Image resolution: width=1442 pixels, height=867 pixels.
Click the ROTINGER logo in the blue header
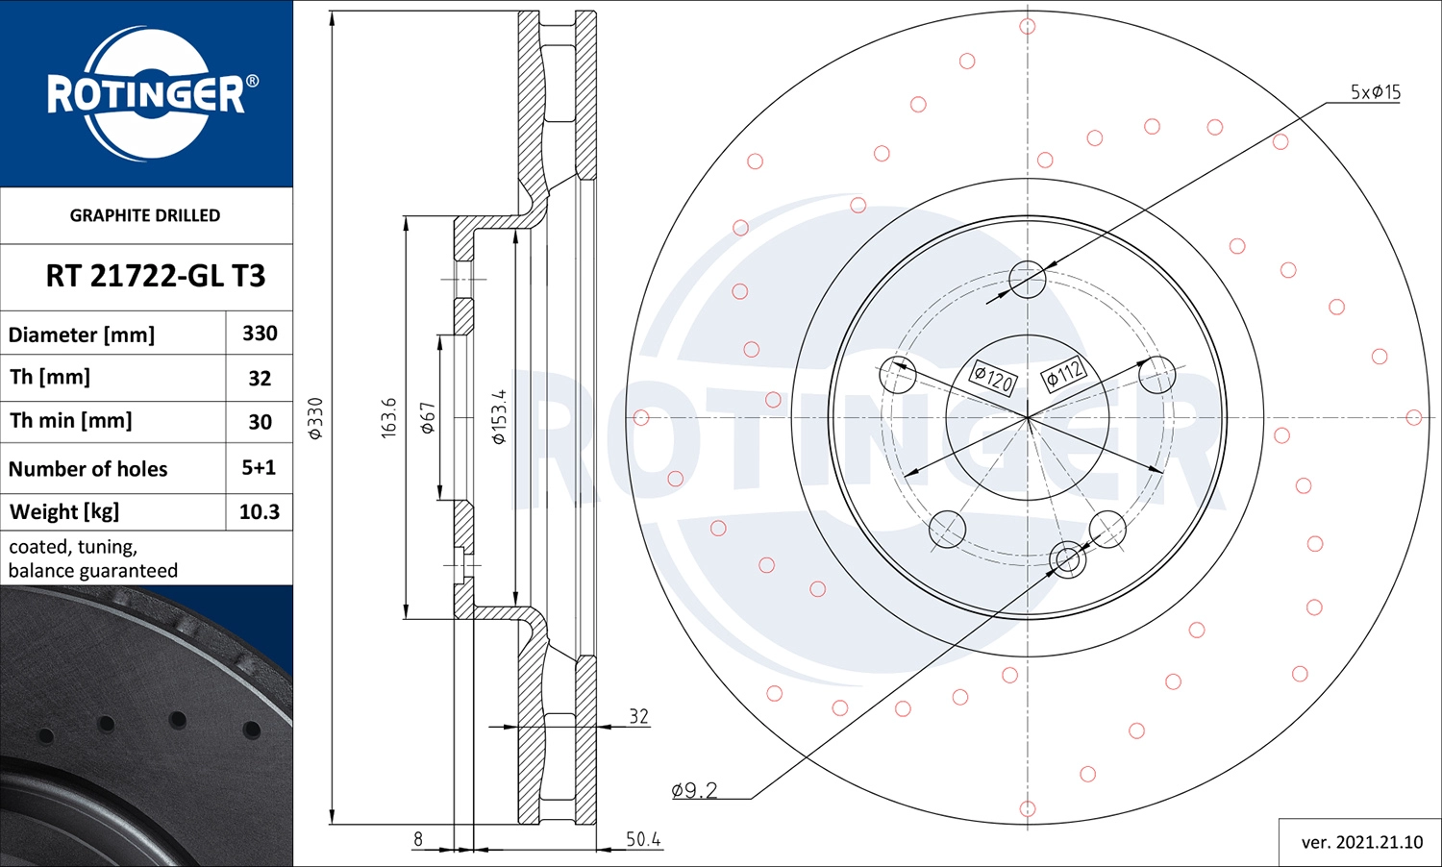pyautogui.click(x=146, y=93)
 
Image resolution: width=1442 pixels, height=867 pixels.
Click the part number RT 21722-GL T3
pyautogui.click(x=155, y=276)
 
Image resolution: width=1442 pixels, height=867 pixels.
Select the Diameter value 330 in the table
pyautogui.click(x=260, y=334)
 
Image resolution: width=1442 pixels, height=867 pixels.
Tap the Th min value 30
pyautogui.click(x=260, y=422)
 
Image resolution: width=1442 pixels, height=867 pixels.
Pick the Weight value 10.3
pyautogui.click(x=259, y=512)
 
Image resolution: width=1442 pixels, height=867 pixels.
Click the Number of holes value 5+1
pyautogui.click(x=259, y=468)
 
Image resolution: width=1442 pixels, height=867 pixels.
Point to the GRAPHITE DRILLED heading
pyautogui.click(x=145, y=215)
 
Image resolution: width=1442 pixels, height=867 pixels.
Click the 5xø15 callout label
pyautogui.click(x=1375, y=92)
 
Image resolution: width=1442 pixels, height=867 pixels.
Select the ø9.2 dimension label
pyautogui.click(x=694, y=790)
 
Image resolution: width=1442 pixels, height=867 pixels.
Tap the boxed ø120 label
pyautogui.click(x=992, y=377)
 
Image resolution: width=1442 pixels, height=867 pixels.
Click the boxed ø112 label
pyautogui.click(x=1064, y=374)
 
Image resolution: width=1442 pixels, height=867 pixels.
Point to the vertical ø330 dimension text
pyautogui.click(x=315, y=418)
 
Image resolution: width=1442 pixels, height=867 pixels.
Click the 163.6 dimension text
pyautogui.click(x=388, y=418)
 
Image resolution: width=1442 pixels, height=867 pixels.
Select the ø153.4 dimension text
pyautogui.click(x=498, y=417)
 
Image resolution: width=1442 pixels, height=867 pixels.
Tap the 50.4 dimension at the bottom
pyautogui.click(x=642, y=839)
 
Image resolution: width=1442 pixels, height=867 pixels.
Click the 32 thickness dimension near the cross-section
pyautogui.click(x=638, y=716)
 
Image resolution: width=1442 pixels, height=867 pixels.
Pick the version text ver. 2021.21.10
pyautogui.click(x=1361, y=842)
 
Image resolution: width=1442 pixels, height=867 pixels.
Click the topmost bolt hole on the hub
pyautogui.click(x=1027, y=279)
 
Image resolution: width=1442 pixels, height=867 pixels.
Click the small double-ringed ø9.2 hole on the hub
pyautogui.click(x=1067, y=559)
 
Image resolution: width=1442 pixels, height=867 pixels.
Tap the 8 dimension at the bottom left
pyautogui.click(x=418, y=839)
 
